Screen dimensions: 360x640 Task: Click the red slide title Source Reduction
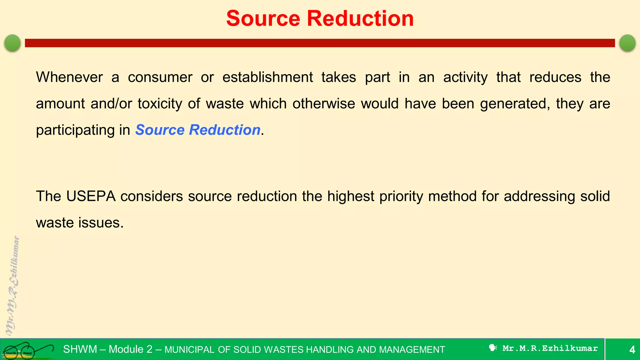pyautogui.click(x=320, y=18)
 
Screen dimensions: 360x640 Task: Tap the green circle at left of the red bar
pyautogui.click(x=12, y=43)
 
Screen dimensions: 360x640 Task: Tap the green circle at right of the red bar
pyautogui.click(x=627, y=43)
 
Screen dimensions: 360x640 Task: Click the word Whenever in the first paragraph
pyautogui.click(x=69, y=77)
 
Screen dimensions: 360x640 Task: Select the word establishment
pyautogui.click(x=267, y=77)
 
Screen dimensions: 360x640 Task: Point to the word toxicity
pyautogui.click(x=160, y=104)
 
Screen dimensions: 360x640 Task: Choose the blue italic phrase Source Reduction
pyautogui.click(x=198, y=130)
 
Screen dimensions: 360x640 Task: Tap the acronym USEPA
pyautogui.click(x=91, y=196)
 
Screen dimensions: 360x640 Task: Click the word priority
pyautogui.click(x=401, y=196)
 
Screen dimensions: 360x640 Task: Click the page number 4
pyautogui.click(x=632, y=349)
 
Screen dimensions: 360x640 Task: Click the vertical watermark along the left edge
pyautogui.click(x=12, y=286)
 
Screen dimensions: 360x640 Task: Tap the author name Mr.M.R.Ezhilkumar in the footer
pyautogui.click(x=550, y=348)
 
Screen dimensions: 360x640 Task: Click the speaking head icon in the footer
pyautogui.click(x=493, y=348)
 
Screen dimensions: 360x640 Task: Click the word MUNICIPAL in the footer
pyautogui.click(x=189, y=350)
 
